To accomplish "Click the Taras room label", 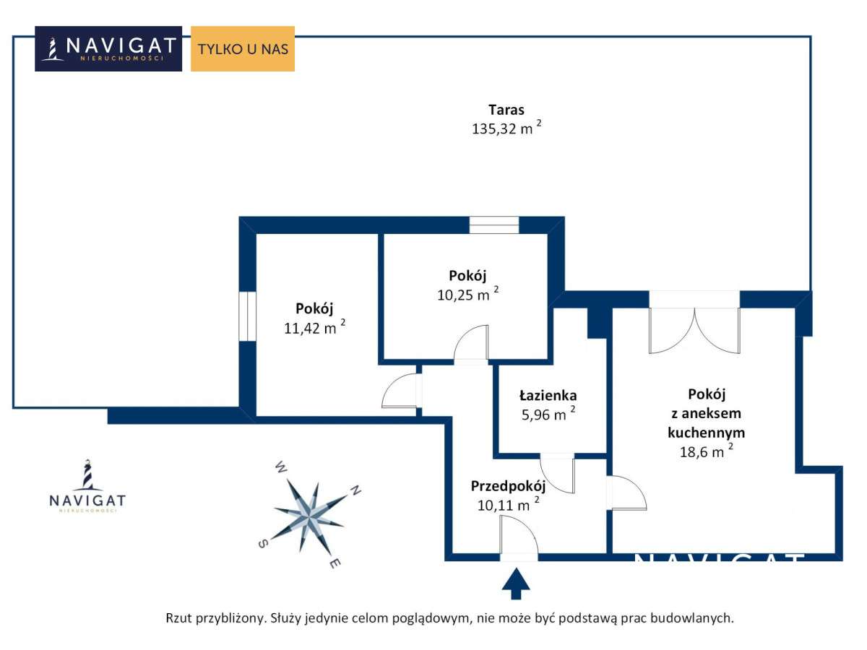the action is pos(506,110).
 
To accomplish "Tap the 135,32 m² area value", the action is pos(506,129).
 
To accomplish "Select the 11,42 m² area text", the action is pos(314,327).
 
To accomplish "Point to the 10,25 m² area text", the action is pos(467,294).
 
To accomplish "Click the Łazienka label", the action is pos(548,395).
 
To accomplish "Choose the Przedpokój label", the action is pos(508,486).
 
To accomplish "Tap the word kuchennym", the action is pos(706,433).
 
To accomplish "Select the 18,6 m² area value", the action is pos(706,451).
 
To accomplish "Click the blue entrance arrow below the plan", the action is pos(516,584).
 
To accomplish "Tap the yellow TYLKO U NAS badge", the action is pos(243,48).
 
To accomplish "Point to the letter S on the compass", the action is pos(263,543).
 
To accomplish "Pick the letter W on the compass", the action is pos(281,467).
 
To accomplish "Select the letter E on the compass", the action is pos(335,563).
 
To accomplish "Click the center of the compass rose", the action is pos(309,516).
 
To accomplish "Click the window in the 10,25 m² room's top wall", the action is pos(493,225).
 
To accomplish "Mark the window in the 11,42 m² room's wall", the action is pos(248,316).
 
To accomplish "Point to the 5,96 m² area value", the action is pos(548,414).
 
